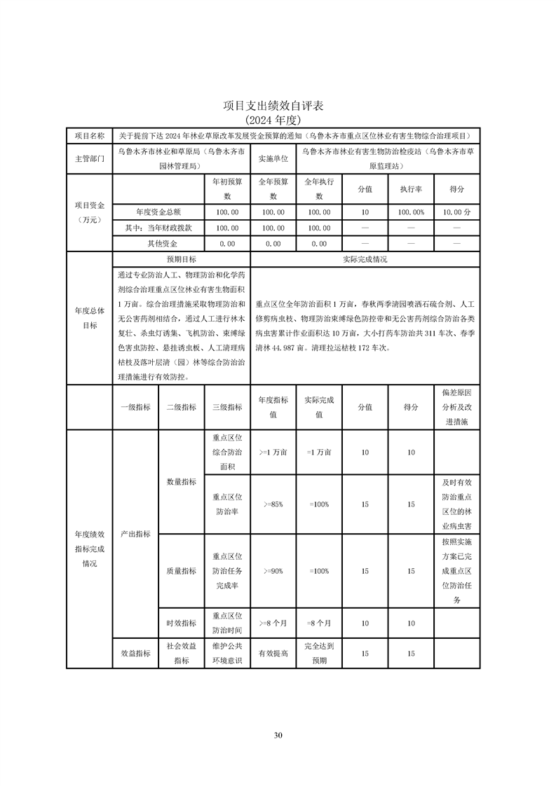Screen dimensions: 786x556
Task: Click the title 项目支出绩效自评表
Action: tap(278, 106)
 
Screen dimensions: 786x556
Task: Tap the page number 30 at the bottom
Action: tap(278, 735)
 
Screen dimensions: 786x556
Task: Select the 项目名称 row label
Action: tap(89, 135)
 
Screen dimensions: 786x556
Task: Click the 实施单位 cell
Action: tap(273, 159)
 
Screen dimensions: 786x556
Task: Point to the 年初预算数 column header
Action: tap(226, 189)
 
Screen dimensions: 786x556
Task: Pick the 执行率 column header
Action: tap(411, 189)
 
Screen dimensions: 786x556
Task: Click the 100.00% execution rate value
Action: tap(411, 212)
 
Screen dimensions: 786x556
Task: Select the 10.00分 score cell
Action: tap(457, 212)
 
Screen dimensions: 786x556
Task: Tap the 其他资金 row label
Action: tap(158, 244)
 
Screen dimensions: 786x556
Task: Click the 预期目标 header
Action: tap(181, 259)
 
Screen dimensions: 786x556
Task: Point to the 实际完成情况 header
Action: tap(365, 259)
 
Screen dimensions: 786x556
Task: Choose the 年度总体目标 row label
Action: tap(89, 317)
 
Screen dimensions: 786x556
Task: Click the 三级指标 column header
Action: tap(226, 407)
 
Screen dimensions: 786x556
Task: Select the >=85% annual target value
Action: tap(273, 504)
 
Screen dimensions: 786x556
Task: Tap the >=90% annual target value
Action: tap(273, 571)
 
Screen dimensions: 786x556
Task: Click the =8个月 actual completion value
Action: tap(319, 623)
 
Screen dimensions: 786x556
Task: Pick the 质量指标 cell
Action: tap(181, 571)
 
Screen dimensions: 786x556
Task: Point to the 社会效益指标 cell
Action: tap(181, 654)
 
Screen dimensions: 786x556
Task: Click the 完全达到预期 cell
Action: tap(319, 654)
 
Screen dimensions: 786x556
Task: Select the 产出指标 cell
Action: tap(135, 534)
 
